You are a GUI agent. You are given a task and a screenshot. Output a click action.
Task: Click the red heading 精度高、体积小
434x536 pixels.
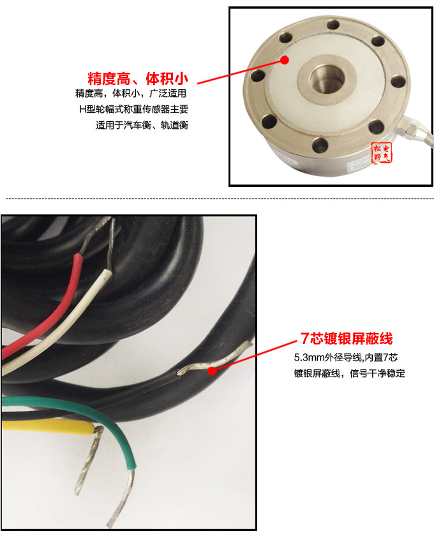[x=138, y=79]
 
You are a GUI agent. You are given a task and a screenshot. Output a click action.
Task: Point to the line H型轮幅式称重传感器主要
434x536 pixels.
[x=133, y=110]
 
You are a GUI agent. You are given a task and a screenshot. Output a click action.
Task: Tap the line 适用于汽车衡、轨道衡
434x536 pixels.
[x=142, y=125]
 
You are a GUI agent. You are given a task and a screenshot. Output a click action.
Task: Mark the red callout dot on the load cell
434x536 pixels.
[x=284, y=61]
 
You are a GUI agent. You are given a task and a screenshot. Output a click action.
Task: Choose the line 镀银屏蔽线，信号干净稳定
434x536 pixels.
[x=349, y=373]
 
